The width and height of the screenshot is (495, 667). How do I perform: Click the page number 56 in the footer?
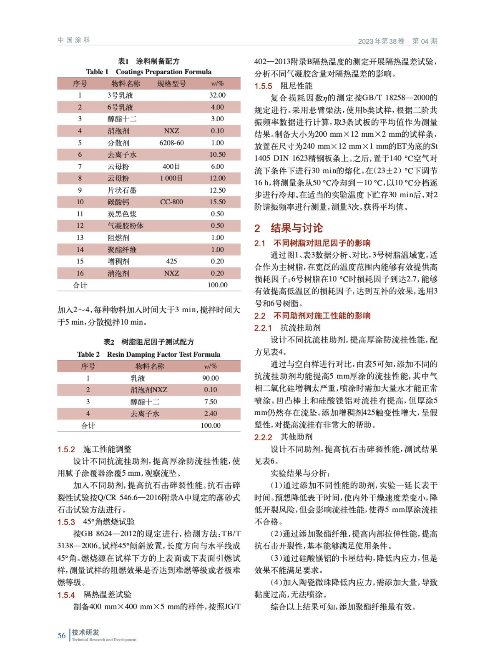click(61, 635)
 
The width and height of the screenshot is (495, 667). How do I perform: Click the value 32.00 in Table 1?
click(217, 95)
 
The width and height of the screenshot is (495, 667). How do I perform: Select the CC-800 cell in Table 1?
click(171, 202)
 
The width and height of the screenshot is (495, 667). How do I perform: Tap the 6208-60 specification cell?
click(171, 143)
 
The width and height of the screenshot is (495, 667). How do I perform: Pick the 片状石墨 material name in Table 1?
click(122, 190)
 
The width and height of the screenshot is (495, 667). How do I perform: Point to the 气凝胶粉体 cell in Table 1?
click(126, 226)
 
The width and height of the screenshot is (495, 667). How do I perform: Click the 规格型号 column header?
click(171, 83)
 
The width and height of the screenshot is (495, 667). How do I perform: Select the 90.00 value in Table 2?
click(210, 378)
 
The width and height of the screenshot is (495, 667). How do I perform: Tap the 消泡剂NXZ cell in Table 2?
click(148, 390)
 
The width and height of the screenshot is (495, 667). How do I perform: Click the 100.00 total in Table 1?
click(217, 285)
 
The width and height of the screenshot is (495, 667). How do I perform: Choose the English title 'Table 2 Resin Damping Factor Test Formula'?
click(148, 354)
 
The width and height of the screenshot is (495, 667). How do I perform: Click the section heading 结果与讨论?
click(296, 228)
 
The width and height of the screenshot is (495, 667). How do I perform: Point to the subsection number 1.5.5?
click(263, 86)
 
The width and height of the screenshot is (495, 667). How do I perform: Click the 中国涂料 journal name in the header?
click(74, 40)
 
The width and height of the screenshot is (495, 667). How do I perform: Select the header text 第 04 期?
click(425, 41)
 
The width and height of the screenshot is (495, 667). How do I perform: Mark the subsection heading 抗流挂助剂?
click(300, 328)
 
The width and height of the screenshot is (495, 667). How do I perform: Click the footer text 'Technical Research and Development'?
click(104, 639)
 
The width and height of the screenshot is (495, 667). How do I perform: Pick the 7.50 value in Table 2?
click(210, 402)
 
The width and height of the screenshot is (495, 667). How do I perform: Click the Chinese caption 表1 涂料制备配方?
click(148, 61)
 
